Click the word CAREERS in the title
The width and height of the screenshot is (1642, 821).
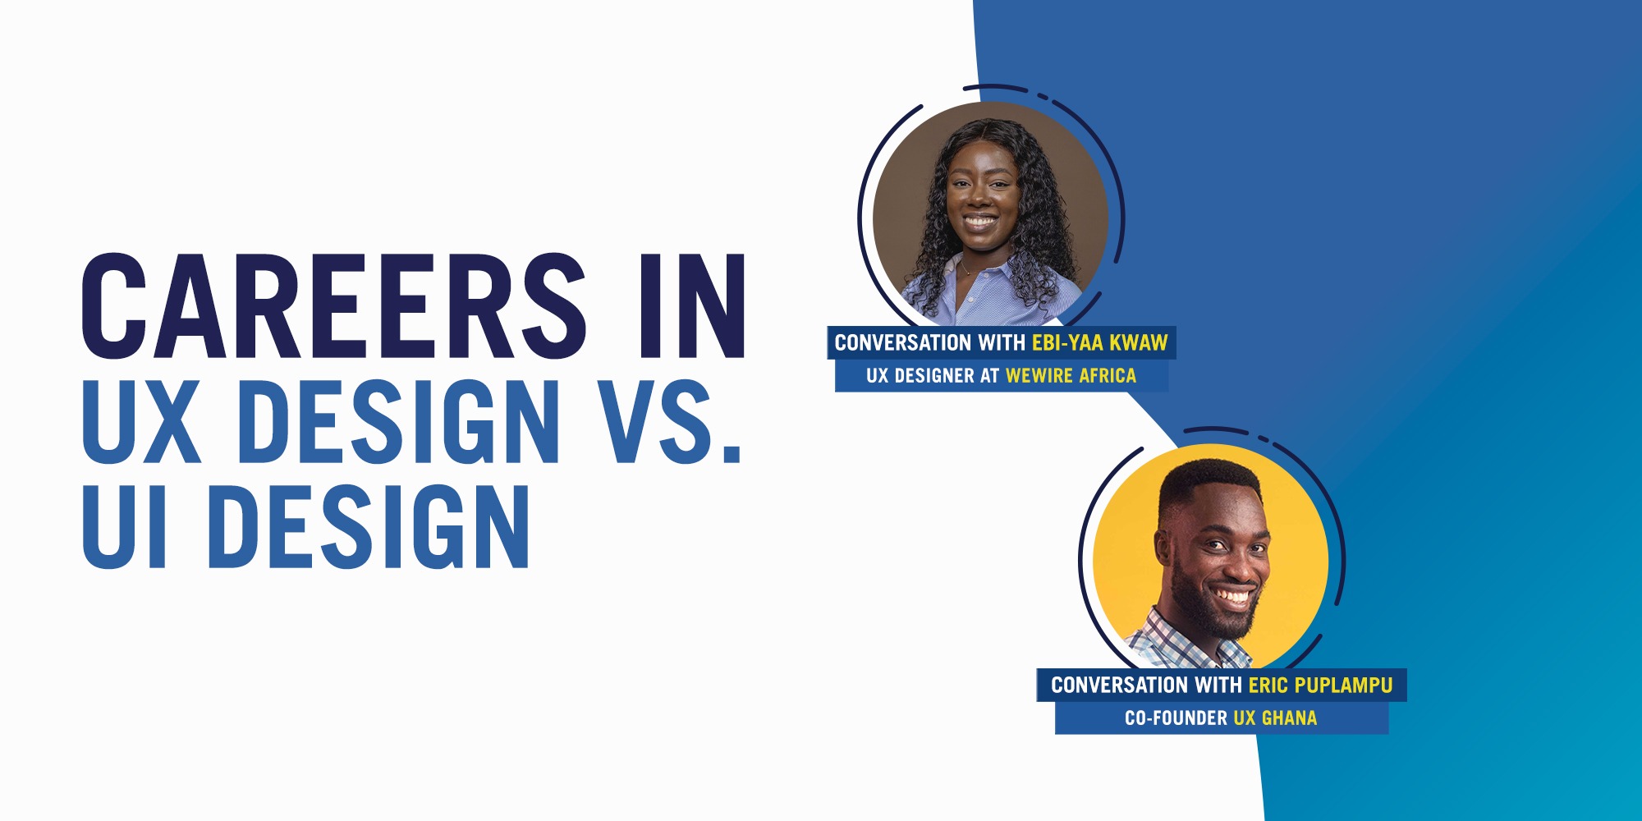point(333,307)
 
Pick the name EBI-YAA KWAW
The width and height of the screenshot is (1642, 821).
point(1099,343)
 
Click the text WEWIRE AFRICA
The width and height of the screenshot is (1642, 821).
point(1071,376)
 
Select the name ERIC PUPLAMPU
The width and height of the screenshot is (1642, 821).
point(1320,686)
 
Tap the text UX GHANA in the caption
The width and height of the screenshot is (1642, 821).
point(1275,718)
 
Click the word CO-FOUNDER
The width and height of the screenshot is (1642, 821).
point(1176,718)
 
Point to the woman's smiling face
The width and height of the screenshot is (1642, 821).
point(980,201)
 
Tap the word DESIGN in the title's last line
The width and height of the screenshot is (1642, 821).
point(369,526)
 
